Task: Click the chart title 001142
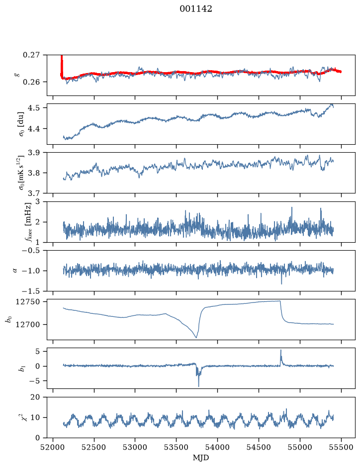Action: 195,9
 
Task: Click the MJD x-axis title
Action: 201,458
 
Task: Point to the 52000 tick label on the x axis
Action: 53,447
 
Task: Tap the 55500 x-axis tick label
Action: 341,447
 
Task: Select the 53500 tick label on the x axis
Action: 177,447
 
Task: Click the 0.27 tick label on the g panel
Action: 31,55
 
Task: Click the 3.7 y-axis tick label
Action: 34,193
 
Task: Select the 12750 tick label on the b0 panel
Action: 28,302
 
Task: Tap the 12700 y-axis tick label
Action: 28,325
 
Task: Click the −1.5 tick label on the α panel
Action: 31,291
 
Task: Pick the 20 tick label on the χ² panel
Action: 35,397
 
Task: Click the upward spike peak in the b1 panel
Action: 280,350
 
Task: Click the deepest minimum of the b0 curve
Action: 196,338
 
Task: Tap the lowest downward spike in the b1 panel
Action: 198,386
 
